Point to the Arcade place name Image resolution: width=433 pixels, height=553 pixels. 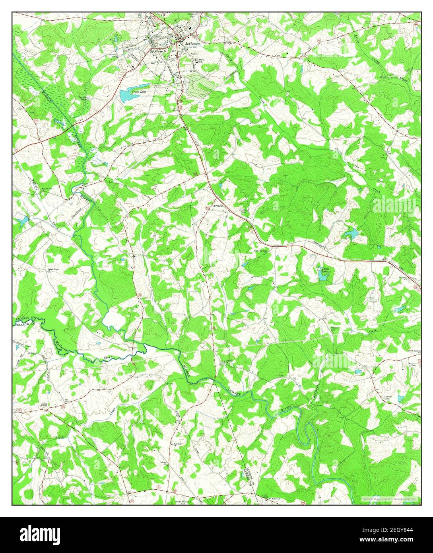[x=218, y=206]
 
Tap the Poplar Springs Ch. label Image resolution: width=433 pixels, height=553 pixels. [x=260, y=252]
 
